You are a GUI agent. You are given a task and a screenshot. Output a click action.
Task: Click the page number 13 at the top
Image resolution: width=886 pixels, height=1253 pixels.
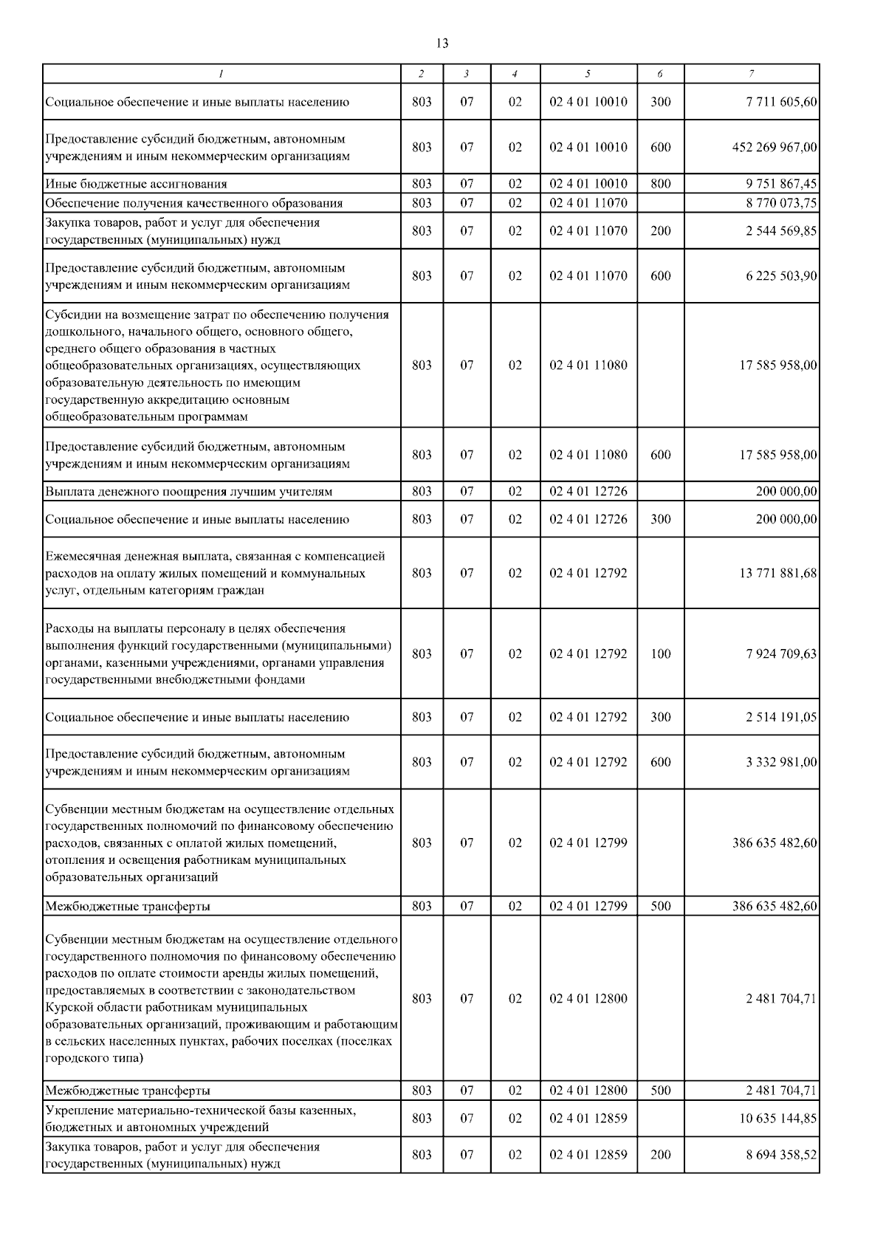pos(442,43)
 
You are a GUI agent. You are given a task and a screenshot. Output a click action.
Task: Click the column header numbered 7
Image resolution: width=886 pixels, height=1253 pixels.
pos(751,73)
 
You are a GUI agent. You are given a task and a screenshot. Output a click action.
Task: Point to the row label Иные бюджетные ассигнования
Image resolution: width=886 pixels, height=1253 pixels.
pos(136,183)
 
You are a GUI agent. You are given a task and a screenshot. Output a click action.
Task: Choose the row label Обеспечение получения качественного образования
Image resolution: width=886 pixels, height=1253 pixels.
pos(193,203)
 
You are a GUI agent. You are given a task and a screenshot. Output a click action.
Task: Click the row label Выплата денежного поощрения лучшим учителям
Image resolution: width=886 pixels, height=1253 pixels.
pos(188,491)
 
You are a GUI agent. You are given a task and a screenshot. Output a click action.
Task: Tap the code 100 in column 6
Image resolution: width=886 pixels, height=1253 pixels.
pos(661,653)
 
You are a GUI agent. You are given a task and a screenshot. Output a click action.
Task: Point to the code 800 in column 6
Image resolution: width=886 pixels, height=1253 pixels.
pos(661,183)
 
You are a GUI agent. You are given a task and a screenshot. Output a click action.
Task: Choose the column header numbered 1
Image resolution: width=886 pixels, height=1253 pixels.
pos(221,73)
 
